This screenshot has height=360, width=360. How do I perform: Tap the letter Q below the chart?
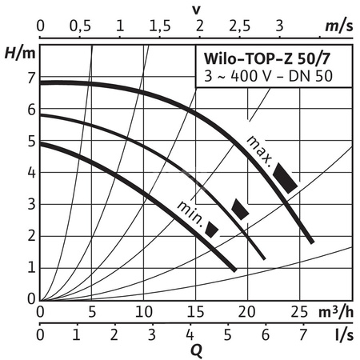pyautogui.click(x=195, y=349)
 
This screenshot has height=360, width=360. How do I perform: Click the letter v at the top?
pyautogui.click(x=195, y=9)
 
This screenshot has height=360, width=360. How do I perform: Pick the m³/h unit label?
pyautogui.click(x=334, y=310)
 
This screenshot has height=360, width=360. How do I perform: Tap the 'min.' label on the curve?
pyautogui.click(x=190, y=210)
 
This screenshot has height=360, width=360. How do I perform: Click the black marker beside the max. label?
pyautogui.click(x=285, y=178)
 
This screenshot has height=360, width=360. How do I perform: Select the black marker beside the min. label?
pyautogui.click(x=212, y=229)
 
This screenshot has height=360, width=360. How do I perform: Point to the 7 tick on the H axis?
pyautogui.click(x=31, y=78)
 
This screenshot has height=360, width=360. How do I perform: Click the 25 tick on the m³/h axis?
pyautogui.click(x=298, y=310)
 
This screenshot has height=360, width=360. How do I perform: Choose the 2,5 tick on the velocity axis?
pyautogui.click(x=238, y=26)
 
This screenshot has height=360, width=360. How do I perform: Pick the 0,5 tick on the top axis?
pyautogui.click(x=80, y=26)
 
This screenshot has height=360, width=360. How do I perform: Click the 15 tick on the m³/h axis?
pyautogui.click(x=194, y=310)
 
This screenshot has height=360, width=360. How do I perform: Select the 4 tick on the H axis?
pyautogui.click(x=31, y=173)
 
